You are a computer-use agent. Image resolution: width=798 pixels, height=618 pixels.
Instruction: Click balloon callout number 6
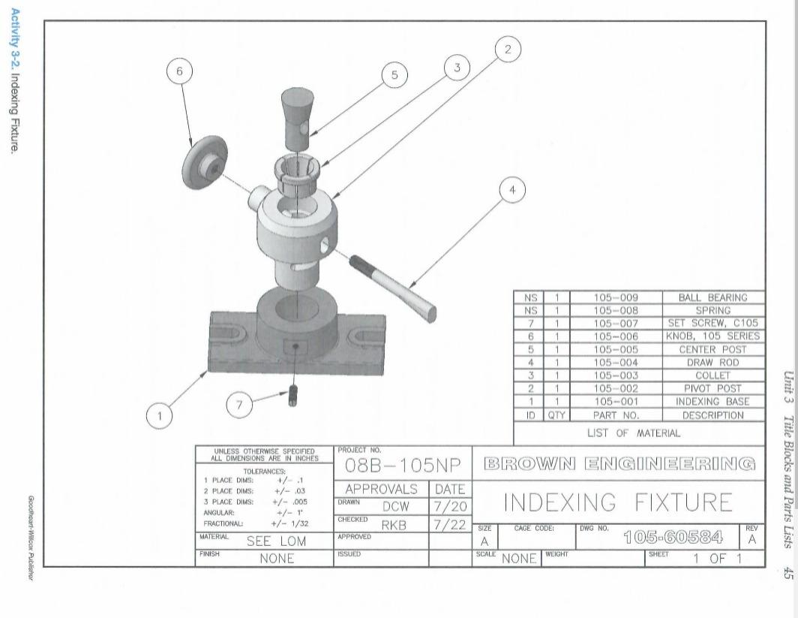[178, 71]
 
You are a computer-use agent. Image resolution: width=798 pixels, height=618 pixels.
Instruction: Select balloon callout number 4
[512, 191]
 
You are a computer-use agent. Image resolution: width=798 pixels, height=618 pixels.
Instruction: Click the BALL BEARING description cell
[712, 298]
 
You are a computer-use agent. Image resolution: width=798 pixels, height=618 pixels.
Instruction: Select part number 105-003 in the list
[615, 375]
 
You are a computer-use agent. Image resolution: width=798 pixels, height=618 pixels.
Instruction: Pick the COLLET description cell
[712, 375]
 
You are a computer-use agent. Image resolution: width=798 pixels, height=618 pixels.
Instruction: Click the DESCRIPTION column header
[712, 414]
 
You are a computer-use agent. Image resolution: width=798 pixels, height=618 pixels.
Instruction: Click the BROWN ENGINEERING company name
[618, 462]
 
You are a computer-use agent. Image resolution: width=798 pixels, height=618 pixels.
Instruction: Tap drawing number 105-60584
[667, 538]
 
